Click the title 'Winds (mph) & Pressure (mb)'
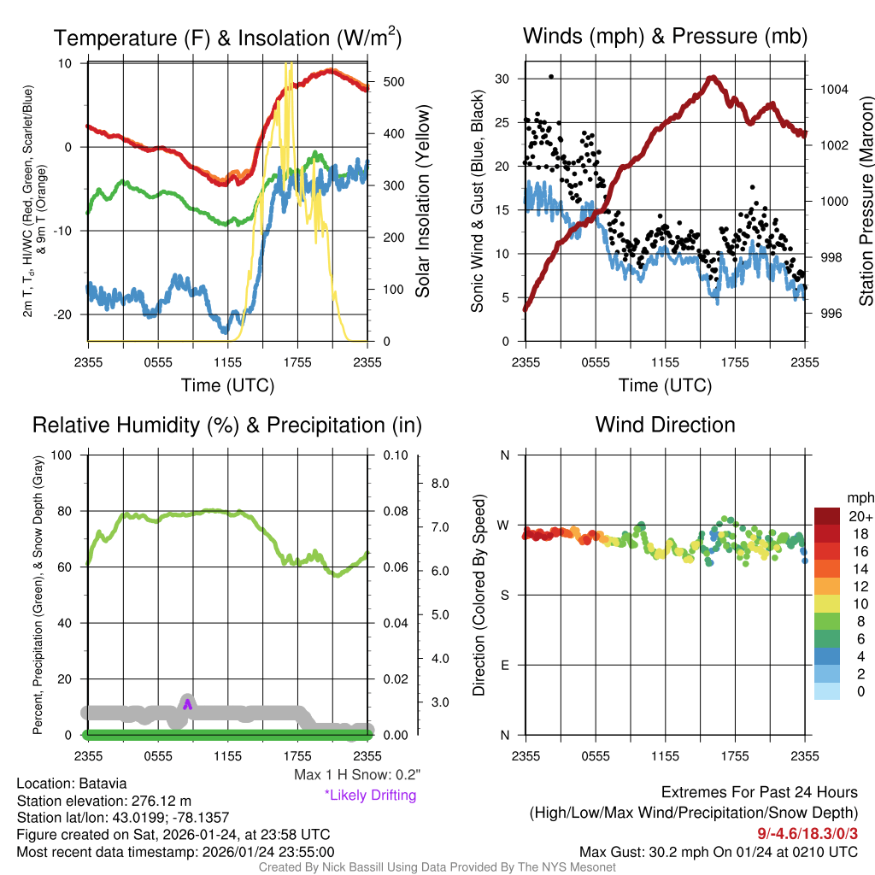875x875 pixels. pyautogui.click(x=665, y=37)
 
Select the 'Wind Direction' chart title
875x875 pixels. pyautogui.click(x=665, y=425)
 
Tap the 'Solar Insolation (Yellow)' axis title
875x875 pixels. pyautogui.click(x=423, y=202)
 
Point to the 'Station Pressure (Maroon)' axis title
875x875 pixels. pyautogui.click(x=866, y=202)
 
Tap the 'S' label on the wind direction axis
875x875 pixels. pyautogui.click(x=504, y=595)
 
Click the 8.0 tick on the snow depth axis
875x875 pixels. pyautogui.click(x=441, y=484)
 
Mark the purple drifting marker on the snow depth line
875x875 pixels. pyautogui.click(x=188, y=703)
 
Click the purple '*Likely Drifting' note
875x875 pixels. pyautogui.click(x=370, y=796)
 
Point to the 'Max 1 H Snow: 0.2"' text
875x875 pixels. pyautogui.click(x=357, y=775)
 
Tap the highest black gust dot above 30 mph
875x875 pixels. pyautogui.click(x=551, y=76)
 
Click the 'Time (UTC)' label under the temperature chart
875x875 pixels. pyautogui.click(x=227, y=385)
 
